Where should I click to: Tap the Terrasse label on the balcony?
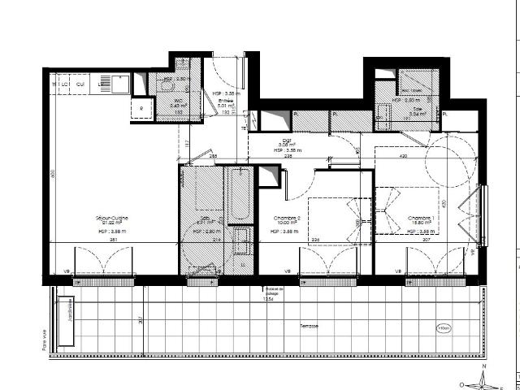308,326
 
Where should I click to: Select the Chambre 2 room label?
287,218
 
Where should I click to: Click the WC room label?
175,100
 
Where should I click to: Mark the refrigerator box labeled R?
141,107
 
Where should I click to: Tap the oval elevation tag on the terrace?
444,328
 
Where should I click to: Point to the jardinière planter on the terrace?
70,313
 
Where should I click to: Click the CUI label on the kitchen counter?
81,84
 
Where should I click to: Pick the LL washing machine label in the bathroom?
244,262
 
